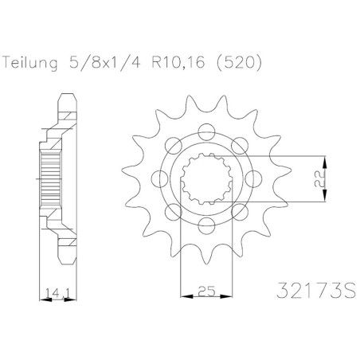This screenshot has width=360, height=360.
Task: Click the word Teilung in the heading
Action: click(30, 63)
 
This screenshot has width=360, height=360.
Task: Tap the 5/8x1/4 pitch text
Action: click(104, 63)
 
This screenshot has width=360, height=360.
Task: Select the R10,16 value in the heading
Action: click(178, 63)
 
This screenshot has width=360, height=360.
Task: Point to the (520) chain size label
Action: click(239, 63)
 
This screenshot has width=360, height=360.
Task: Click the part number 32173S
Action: click(316, 290)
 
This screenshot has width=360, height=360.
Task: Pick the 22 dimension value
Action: click(320, 178)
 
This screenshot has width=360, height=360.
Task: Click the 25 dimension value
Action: click(206, 292)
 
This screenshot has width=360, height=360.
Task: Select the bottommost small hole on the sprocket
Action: click(206, 225)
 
